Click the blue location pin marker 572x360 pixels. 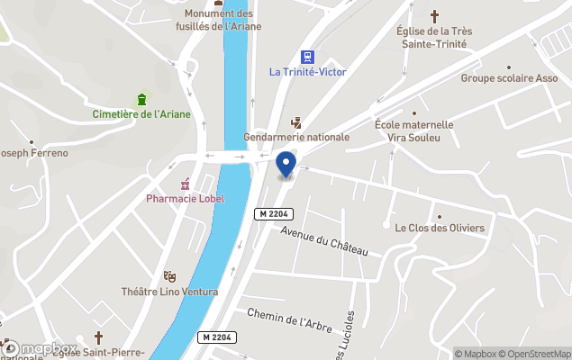pos(286,165)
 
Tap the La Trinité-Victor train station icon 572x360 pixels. pos(307,56)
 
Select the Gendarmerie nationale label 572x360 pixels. pos(296,137)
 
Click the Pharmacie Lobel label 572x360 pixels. pos(186,198)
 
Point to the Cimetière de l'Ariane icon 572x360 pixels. pos(141,98)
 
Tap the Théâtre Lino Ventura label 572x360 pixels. pos(169,292)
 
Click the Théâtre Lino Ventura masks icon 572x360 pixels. pos(168,276)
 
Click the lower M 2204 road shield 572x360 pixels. pos(216,337)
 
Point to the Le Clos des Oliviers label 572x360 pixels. pos(440,228)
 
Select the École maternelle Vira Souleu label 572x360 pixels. pos(414,130)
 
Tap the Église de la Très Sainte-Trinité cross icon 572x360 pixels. pos(434,16)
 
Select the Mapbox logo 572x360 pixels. pos(40,348)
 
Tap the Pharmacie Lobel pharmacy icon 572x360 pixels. pos(186,184)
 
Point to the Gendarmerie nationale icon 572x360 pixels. pos(295,122)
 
